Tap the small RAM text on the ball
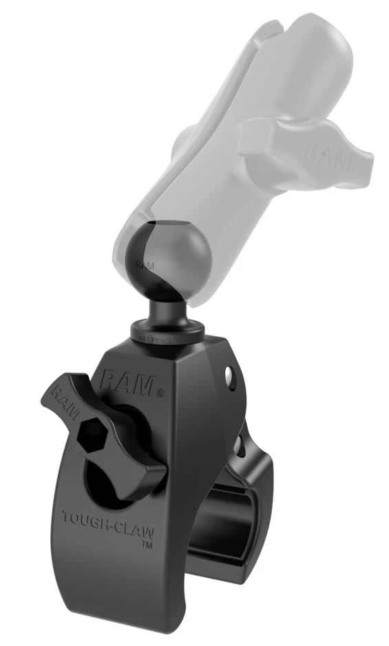click(x=145, y=264)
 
